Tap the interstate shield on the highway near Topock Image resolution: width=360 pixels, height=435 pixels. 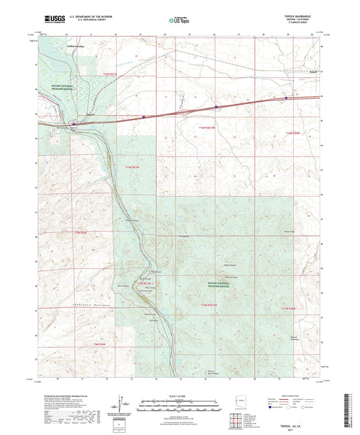(74, 124)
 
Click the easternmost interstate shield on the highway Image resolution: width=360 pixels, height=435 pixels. (286, 98)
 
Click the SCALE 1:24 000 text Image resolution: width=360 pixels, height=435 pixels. (180, 396)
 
